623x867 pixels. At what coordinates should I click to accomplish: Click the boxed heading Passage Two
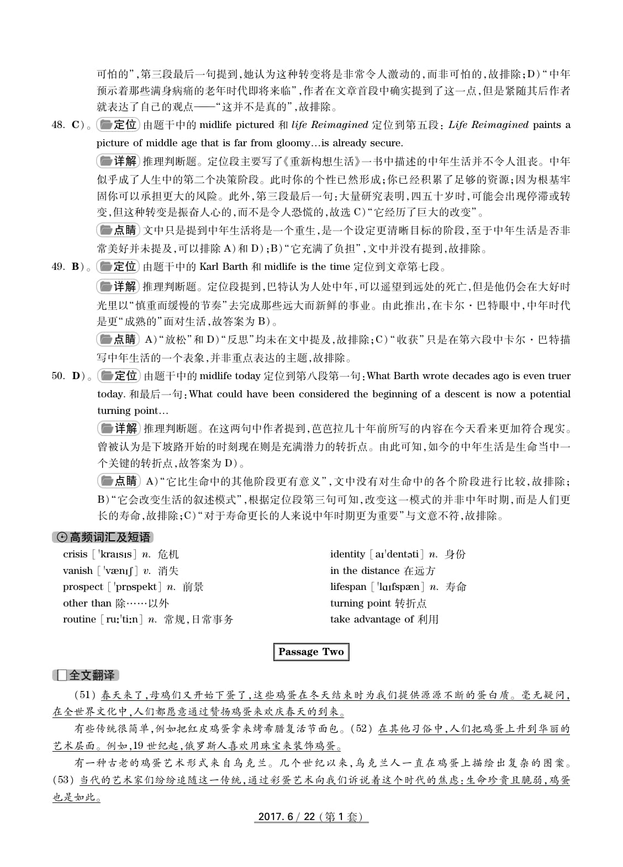311,652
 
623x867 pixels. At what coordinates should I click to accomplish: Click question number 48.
58,125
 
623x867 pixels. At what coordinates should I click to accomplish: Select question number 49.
58,267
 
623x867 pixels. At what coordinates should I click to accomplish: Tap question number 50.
58,376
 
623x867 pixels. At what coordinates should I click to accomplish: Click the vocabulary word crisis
75,554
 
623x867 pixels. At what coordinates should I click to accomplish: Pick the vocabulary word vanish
77,571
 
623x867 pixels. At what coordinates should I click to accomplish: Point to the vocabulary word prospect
83,587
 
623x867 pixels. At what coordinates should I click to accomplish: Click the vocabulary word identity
347,554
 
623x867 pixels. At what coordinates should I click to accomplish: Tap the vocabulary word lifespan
348,587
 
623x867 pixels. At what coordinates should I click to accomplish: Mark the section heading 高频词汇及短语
103,537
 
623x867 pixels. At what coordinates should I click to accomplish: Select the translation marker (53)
64,780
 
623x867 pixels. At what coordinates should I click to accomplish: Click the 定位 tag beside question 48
118,125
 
